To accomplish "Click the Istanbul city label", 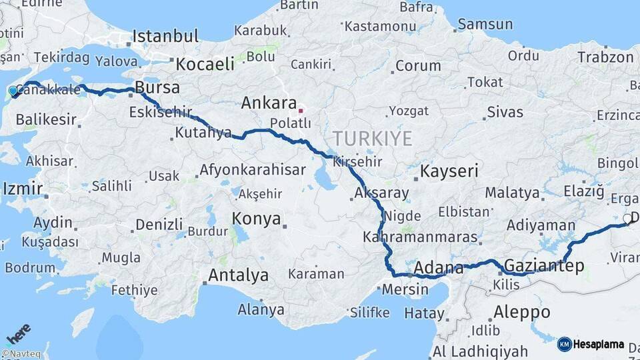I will (x=165, y=36).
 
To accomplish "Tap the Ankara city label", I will (x=269, y=103).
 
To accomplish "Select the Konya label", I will (x=256, y=219).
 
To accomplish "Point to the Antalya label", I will (x=239, y=275).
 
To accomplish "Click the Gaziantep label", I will (x=544, y=266).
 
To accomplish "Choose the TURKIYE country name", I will (x=373, y=139).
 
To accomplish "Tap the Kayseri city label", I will (x=449, y=171).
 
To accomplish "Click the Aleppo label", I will (x=522, y=311).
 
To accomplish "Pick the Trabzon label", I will (x=605, y=57).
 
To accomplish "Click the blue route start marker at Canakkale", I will (x=13, y=91).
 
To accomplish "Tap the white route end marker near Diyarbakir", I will (x=627, y=218).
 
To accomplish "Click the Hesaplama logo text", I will (x=598, y=345).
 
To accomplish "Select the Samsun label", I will (x=485, y=23).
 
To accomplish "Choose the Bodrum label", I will (x=29, y=267).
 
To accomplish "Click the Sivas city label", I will (x=505, y=112).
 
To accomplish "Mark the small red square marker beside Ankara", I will (x=301, y=110).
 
